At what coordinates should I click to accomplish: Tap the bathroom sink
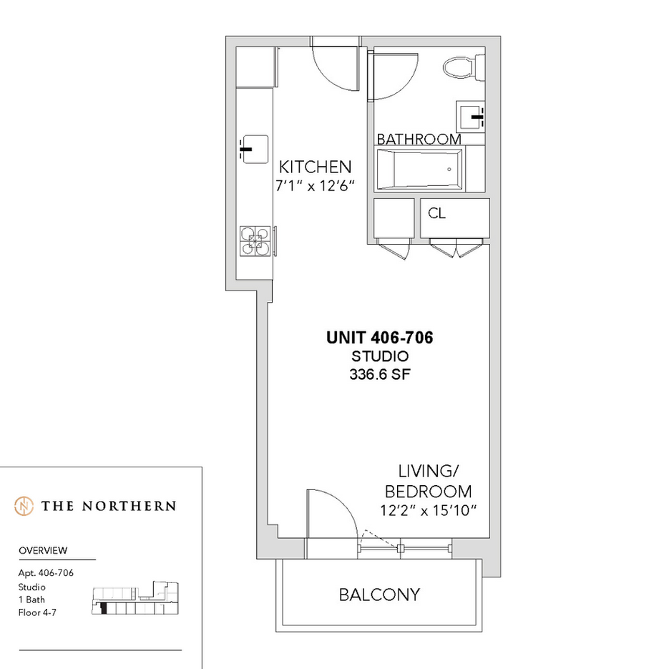[471, 117]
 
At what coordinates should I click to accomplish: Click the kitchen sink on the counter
[254, 150]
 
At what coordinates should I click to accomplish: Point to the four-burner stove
[255, 241]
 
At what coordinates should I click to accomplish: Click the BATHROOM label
[419, 139]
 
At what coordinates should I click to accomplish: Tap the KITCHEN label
[315, 167]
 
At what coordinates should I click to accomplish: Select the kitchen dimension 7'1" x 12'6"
[315, 186]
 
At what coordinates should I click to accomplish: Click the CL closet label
[436, 213]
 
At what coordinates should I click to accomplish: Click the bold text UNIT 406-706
[380, 338]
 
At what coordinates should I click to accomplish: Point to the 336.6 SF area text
[380, 374]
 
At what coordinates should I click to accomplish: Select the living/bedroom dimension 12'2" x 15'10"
[428, 510]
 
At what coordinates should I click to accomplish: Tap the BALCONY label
[379, 595]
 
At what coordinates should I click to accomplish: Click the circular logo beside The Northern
[24, 506]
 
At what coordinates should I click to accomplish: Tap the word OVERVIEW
[43, 550]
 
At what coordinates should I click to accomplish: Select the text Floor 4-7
[37, 612]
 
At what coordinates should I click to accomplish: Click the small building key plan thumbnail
[135, 597]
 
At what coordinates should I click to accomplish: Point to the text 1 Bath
[31, 600]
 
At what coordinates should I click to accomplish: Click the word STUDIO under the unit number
[380, 356]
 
